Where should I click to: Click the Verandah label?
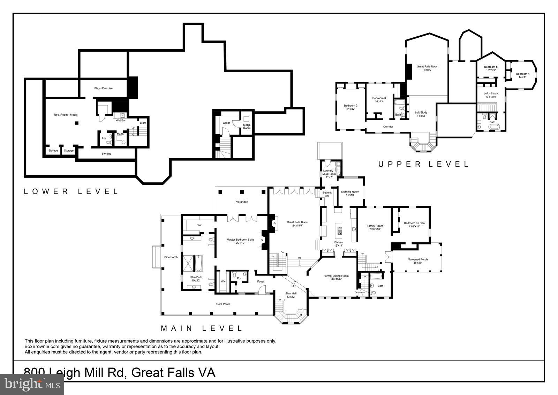[x=242, y=202]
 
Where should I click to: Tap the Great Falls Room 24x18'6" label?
[x=297, y=224]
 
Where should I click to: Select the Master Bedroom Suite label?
[x=240, y=241]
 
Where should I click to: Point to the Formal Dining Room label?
[x=336, y=277]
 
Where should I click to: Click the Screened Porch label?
[x=417, y=261]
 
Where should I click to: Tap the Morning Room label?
[x=350, y=193]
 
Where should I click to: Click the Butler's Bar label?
[x=327, y=194]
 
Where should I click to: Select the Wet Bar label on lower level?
[x=121, y=120]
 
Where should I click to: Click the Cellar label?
[x=226, y=123]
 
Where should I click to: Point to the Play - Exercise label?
[x=103, y=88]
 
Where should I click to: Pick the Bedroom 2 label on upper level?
[x=350, y=107]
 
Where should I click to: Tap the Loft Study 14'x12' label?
[x=421, y=114]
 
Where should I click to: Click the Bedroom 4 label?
[x=523, y=75]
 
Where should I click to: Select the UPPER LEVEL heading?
[x=423, y=164]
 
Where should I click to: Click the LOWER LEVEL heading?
[x=71, y=191]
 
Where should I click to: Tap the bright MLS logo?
[x=32, y=384]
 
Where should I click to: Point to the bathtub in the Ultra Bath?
[x=198, y=264]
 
